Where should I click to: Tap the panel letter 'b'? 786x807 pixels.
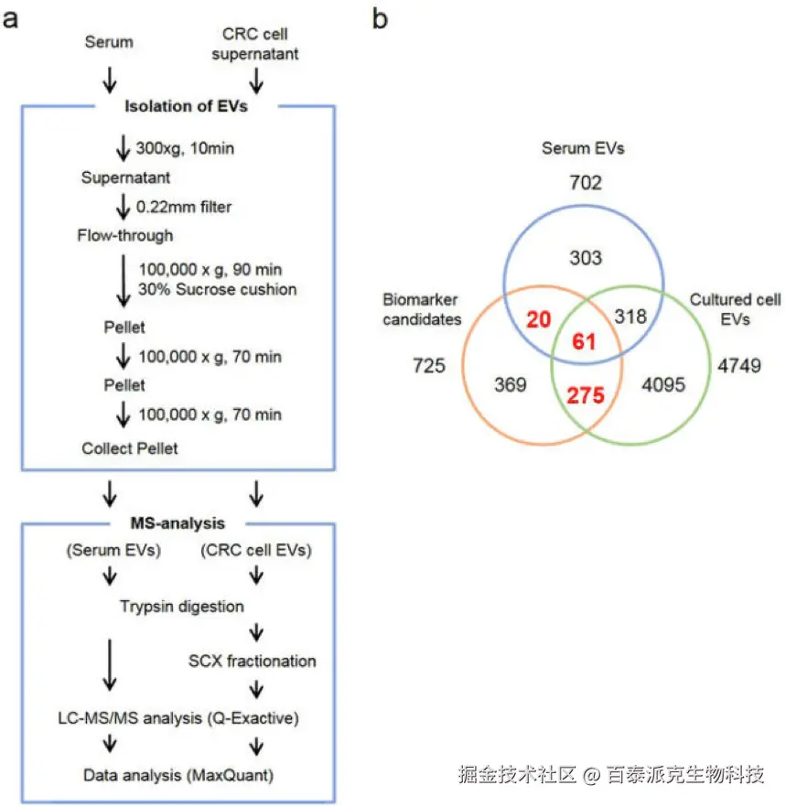pyautogui.click(x=382, y=18)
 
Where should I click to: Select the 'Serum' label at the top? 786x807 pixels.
pyautogui.click(x=108, y=42)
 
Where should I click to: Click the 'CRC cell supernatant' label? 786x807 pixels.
pyautogui.click(x=255, y=44)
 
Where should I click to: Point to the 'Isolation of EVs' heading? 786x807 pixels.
pyautogui.click(x=186, y=107)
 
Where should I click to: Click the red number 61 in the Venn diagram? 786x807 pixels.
pyautogui.click(x=585, y=342)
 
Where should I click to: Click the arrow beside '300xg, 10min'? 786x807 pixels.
pyautogui.click(x=124, y=147)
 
